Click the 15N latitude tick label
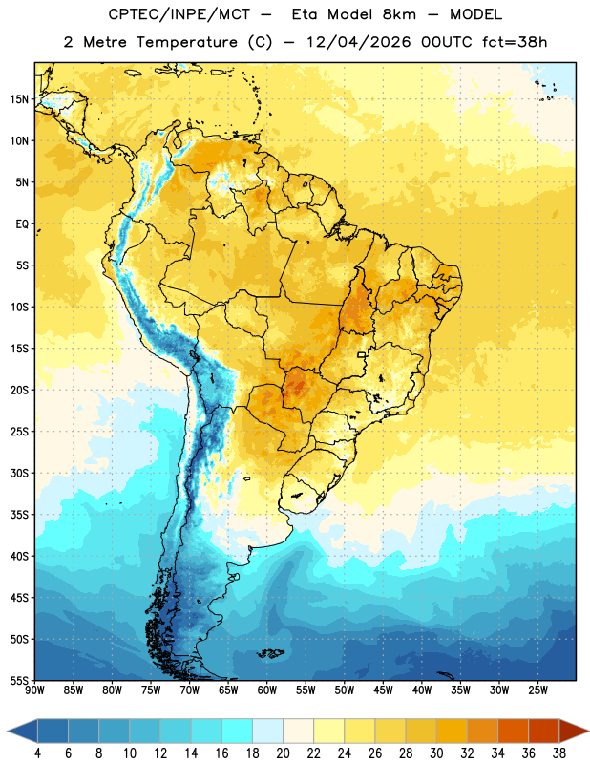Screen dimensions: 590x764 [x=19, y=99]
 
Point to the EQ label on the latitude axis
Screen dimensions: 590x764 [x=22, y=224]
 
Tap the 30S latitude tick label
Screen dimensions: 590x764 [x=19, y=473]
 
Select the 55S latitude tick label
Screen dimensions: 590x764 [x=19, y=680]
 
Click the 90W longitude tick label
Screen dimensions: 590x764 [x=34, y=690]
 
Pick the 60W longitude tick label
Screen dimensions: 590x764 [x=267, y=690]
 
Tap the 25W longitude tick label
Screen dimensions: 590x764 [x=537, y=690]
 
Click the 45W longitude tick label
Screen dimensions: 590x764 [x=383, y=690]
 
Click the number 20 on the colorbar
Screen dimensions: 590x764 [x=283, y=753]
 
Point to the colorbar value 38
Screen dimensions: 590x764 [x=559, y=753]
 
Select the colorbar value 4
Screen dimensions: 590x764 [x=37, y=753]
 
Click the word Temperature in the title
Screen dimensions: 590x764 [x=186, y=42]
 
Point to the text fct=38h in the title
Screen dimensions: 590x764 [x=515, y=42]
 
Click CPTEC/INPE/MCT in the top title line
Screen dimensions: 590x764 [x=179, y=14]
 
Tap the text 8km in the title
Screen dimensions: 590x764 [x=399, y=14]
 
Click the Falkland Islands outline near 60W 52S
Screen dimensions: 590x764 [x=270, y=653]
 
